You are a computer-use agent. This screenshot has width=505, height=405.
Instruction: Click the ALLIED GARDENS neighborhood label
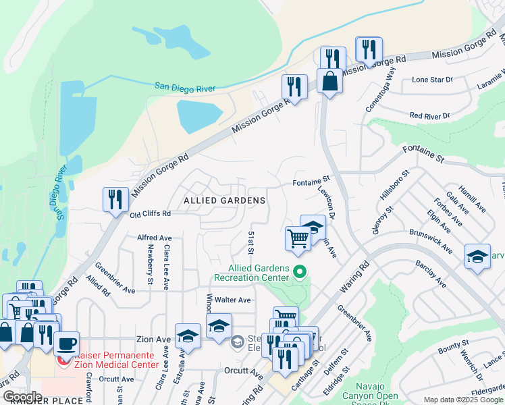pos(224,200)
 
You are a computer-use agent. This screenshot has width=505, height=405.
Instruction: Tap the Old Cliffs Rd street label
pos(151,213)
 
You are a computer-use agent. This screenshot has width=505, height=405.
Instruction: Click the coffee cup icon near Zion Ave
pos(65,344)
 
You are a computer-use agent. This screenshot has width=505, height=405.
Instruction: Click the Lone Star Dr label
pos(433,80)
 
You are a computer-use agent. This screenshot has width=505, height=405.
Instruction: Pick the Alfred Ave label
pos(155,238)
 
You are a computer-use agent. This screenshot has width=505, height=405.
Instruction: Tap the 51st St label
pos(250,242)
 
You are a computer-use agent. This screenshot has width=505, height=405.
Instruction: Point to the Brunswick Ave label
pos(430,240)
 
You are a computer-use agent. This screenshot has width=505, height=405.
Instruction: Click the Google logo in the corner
pos(22,397)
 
